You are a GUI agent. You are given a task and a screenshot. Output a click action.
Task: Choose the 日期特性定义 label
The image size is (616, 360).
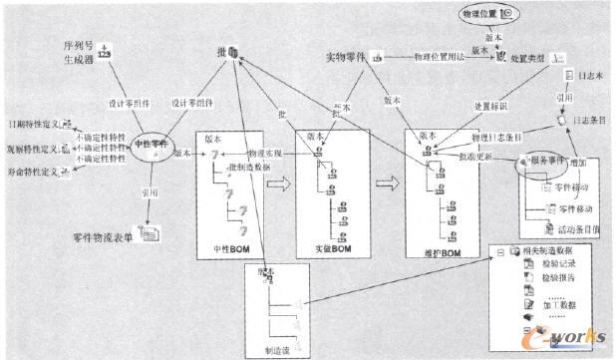(x=31, y=126)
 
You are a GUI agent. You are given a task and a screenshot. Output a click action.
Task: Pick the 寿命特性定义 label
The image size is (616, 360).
(x=31, y=171)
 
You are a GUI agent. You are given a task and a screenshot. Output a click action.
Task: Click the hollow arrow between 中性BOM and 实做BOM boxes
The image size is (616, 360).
(x=281, y=184)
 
